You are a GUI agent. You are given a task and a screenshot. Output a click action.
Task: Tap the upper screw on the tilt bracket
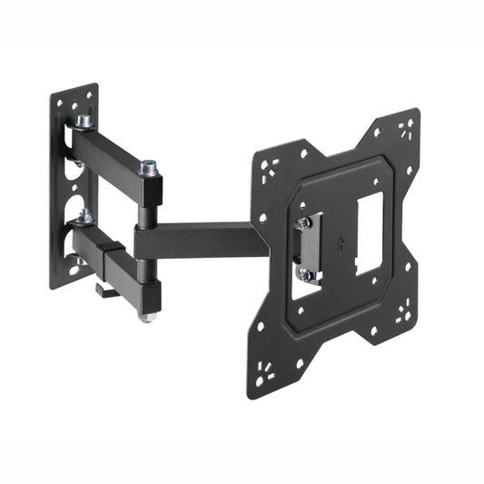coord(304,222)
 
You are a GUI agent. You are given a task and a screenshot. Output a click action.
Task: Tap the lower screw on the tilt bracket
coord(307,273)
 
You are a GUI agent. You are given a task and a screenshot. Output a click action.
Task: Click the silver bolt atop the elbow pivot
coord(148,168)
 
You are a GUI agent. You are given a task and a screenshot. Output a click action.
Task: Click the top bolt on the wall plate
coord(84,120)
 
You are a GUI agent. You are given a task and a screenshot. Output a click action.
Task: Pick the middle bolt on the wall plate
coord(83,215)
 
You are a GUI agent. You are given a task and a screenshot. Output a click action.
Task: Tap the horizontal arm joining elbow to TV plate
coord(200,242)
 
